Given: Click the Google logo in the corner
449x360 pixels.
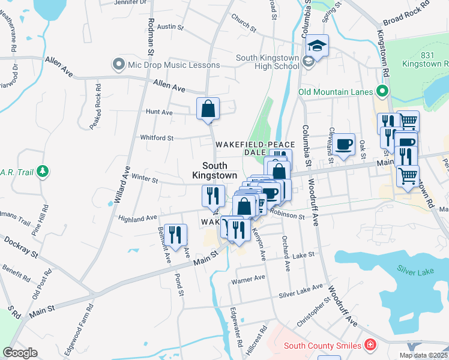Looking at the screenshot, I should pos(20,353).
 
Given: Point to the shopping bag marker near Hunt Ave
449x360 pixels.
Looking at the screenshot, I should pos(208,109).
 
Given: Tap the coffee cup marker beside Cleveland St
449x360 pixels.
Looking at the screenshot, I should pos(344,144).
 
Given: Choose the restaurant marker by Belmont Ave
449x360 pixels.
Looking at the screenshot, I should pos(175,232).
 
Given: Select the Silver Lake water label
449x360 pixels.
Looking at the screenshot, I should pos(415,272).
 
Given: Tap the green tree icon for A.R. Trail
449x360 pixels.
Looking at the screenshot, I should pos(42,172).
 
